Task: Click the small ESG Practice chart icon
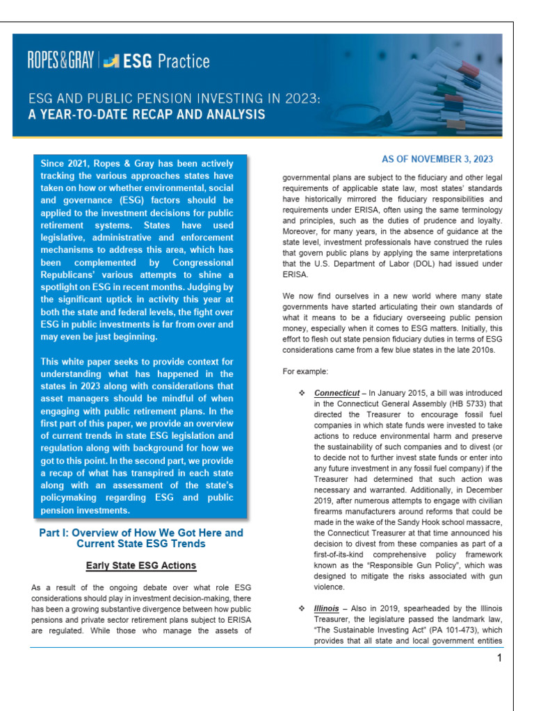[x=111, y=62]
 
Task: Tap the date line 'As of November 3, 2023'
[x=437, y=159]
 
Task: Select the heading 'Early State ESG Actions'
[x=141, y=565]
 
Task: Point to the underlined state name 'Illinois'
[x=327, y=608]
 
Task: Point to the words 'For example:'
[x=303, y=371]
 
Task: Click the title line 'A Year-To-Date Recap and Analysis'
[x=147, y=114]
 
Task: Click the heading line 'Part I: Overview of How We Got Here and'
[x=141, y=533]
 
